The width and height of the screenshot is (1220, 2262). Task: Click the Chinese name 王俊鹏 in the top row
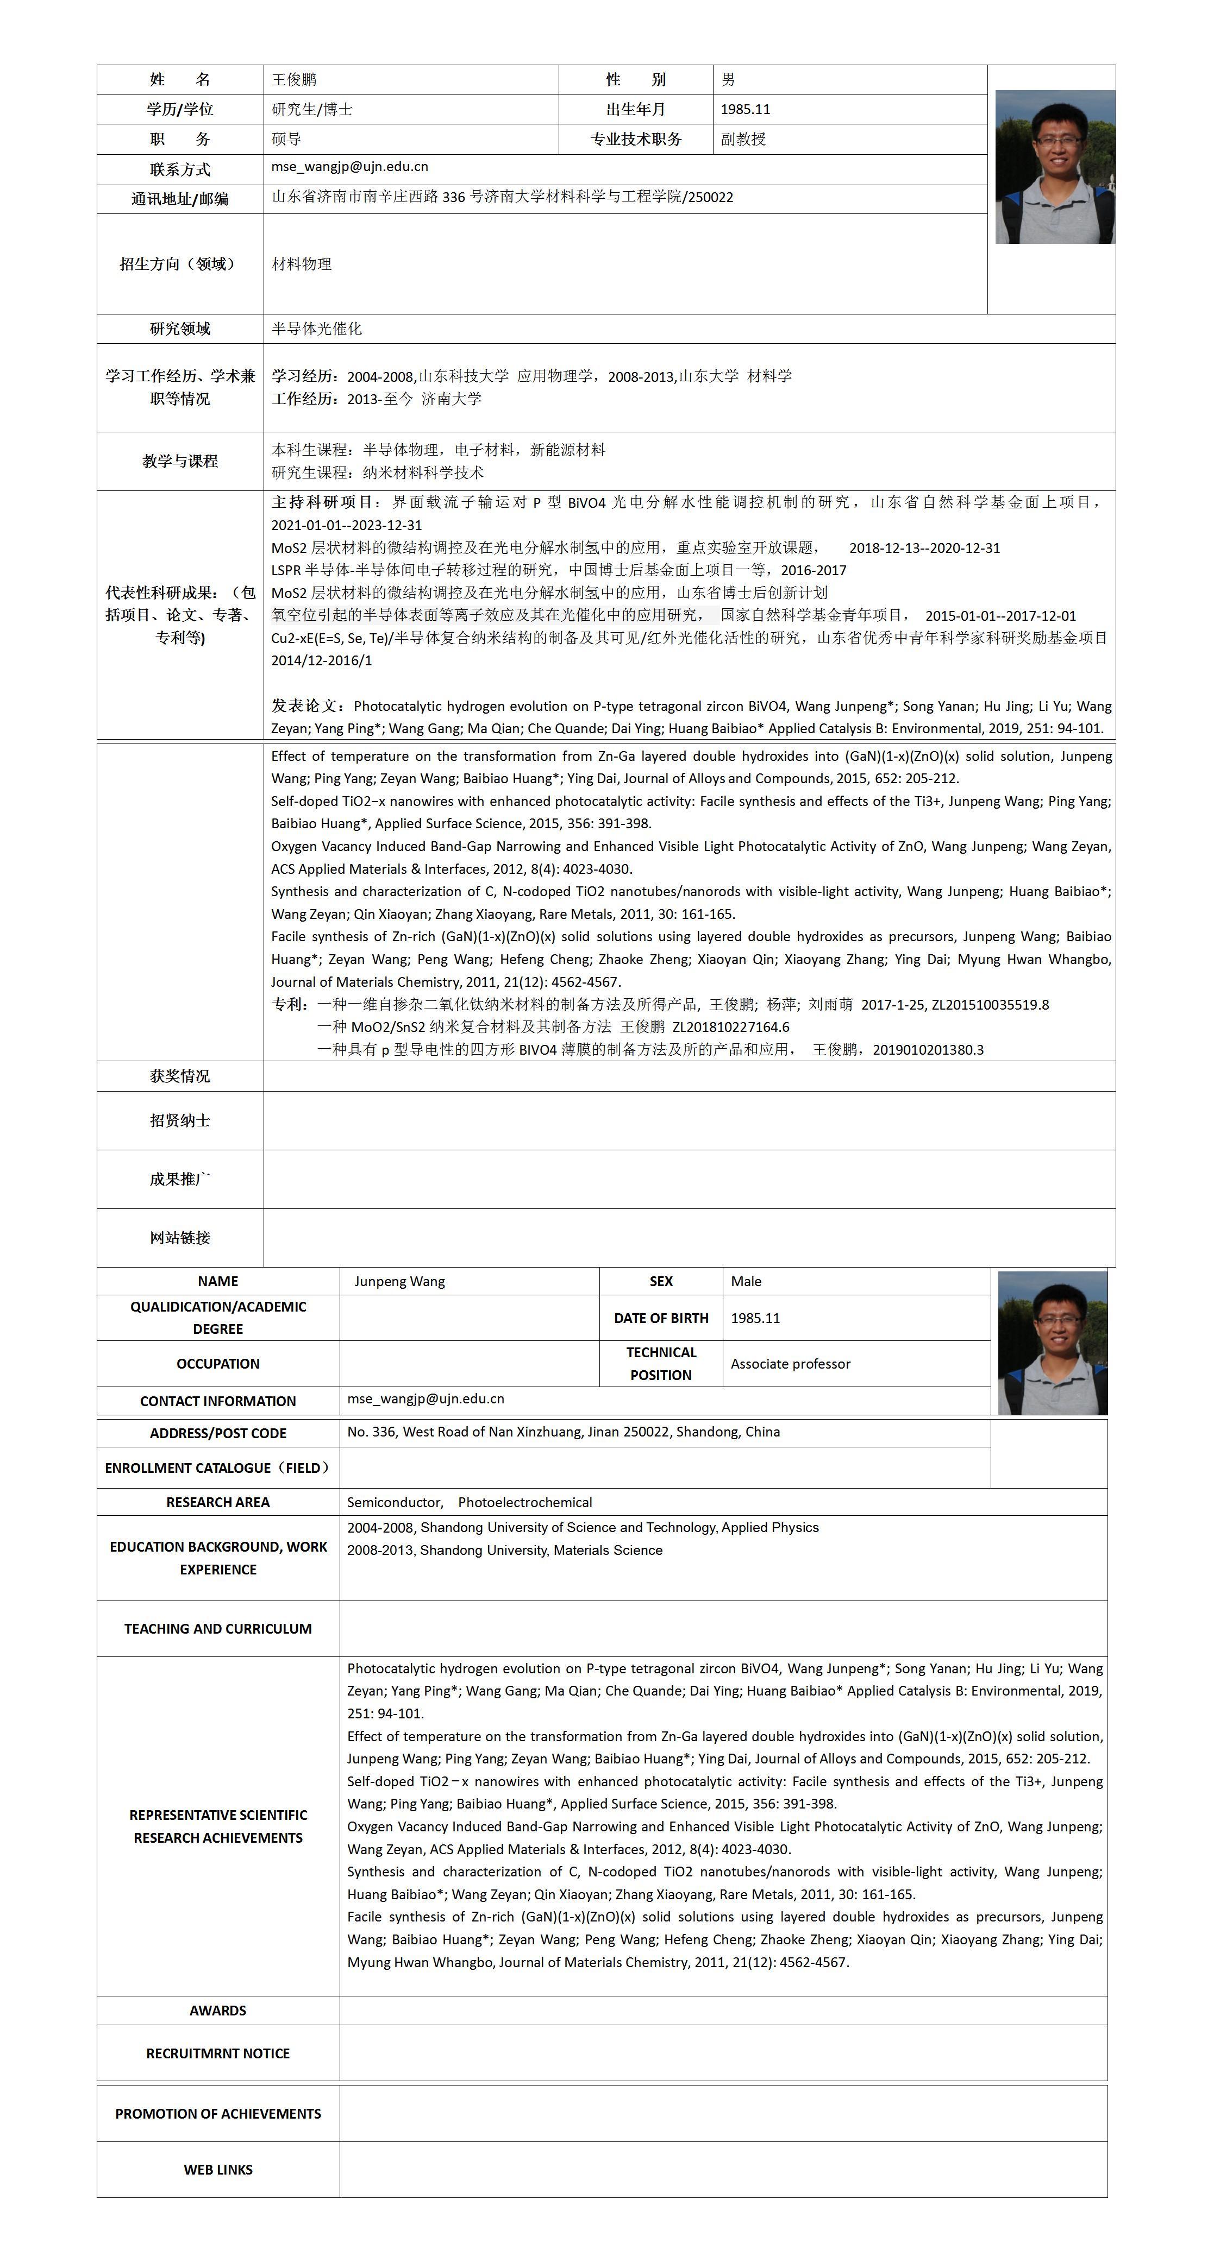tap(294, 80)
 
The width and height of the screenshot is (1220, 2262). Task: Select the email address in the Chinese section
tap(349, 167)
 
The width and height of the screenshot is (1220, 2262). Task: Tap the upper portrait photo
tap(1054, 167)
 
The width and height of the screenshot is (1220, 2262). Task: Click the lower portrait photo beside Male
tap(1052, 1343)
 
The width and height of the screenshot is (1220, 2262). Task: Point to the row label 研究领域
tap(180, 329)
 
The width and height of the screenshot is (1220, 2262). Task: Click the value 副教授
tap(743, 138)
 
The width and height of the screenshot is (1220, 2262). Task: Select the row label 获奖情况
tap(180, 1076)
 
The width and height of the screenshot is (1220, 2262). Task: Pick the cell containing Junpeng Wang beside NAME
tap(399, 1281)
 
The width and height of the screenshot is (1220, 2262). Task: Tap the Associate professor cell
tap(791, 1364)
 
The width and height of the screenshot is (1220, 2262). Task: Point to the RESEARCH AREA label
tap(218, 1502)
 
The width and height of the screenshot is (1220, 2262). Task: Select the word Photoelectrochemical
tap(525, 1502)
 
